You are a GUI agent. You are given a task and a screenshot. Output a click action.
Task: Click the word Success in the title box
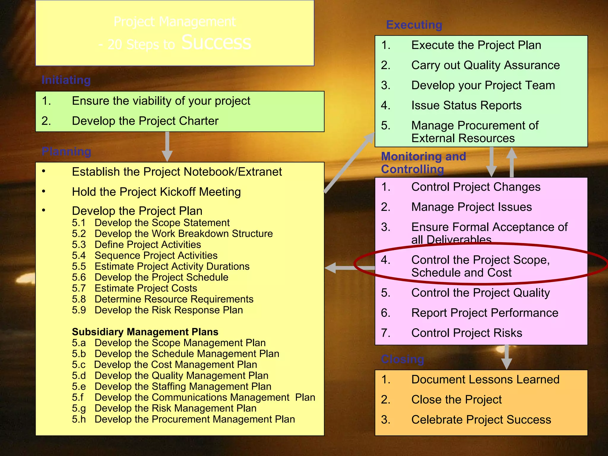click(x=216, y=42)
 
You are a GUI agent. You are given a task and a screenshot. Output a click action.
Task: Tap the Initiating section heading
click(x=66, y=80)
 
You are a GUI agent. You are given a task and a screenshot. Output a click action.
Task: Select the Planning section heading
click(x=66, y=151)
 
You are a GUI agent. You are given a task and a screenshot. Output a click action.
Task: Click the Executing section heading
click(x=414, y=25)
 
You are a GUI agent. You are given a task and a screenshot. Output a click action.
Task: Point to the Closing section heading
click(x=402, y=359)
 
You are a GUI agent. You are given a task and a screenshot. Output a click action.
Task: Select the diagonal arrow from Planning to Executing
click(x=349, y=162)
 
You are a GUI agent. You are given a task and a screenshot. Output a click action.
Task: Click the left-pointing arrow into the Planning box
click(x=341, y=268)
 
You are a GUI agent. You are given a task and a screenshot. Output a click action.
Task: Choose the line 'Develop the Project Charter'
click(x=145, y=121)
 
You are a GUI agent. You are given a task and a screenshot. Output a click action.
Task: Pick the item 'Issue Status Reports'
click(x=466, y=105)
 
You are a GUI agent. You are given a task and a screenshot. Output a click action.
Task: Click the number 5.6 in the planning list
click(x=79, y=277)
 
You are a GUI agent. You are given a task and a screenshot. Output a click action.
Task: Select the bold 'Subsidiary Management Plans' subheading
click(x=145, y=332)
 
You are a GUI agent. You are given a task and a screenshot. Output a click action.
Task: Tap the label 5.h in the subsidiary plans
click(x=79, y=419)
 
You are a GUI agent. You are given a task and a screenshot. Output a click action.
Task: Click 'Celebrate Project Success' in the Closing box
click(x=481, y=420)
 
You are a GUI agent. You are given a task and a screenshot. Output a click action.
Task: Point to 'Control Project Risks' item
click(x=466, y=333)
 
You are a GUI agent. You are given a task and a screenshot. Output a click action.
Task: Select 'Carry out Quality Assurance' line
click(x=485, y=65)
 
